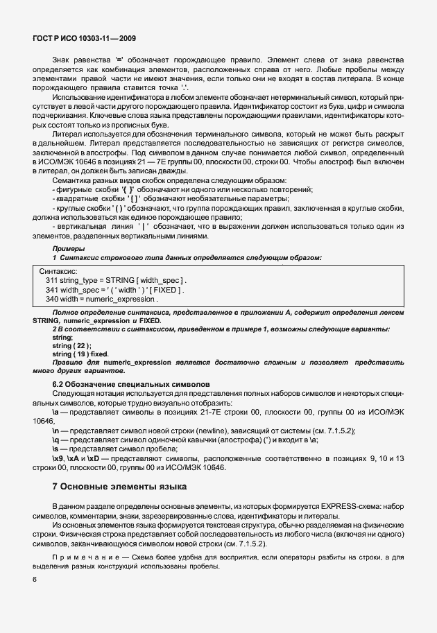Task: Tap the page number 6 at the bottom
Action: click(34, 578)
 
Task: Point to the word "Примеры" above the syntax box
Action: click(67, 248)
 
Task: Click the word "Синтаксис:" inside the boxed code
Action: click(59, 270)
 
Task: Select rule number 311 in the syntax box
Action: click(53, 279)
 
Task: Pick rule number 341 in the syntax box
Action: click(53, 289)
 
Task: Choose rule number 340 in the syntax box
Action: click(53, 300)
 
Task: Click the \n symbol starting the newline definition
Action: click(56, 431)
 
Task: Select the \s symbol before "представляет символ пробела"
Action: click(56, 449)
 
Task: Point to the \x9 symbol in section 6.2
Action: click(58, 459)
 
